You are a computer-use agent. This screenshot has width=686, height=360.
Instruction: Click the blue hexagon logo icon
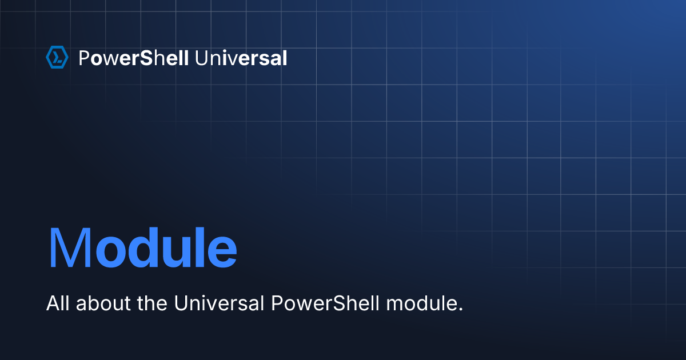(57, 57)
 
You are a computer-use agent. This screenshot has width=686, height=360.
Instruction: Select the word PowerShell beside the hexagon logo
(134, 58)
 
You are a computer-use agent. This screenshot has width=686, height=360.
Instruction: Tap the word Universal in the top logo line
(241, 58)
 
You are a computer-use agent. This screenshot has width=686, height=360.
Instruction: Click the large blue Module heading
(143, 247)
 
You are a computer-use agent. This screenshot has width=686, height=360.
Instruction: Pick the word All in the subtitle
(58, 303)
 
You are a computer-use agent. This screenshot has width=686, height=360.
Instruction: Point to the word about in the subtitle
(103, 303)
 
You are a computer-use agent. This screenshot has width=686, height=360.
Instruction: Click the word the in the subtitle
(152, 303)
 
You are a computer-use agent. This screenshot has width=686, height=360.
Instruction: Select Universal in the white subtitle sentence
(219, 303)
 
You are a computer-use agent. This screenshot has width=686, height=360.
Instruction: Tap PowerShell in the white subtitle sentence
(325, 303)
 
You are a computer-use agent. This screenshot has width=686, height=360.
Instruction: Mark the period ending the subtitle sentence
(460, 309)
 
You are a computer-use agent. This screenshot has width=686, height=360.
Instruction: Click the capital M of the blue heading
(70, 247)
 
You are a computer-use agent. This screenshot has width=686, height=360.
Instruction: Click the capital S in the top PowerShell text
(146, 58)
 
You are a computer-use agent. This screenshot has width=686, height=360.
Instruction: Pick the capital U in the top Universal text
(201, 58)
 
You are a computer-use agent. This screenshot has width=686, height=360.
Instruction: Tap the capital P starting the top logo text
(84, 58)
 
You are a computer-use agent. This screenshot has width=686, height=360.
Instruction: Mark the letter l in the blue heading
(200, 247)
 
